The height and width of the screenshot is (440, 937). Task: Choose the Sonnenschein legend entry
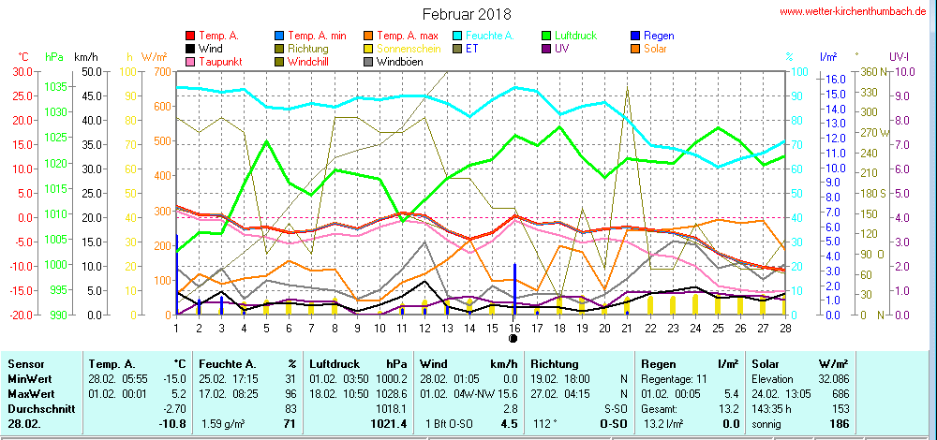coord(409,49)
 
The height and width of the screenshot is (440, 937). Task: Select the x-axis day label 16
coord(514,327)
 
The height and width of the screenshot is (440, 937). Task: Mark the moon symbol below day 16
coord(514,338)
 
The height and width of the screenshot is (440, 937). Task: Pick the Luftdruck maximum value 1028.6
coord(392,394)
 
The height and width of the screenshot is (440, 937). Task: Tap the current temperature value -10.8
coord(175,425)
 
